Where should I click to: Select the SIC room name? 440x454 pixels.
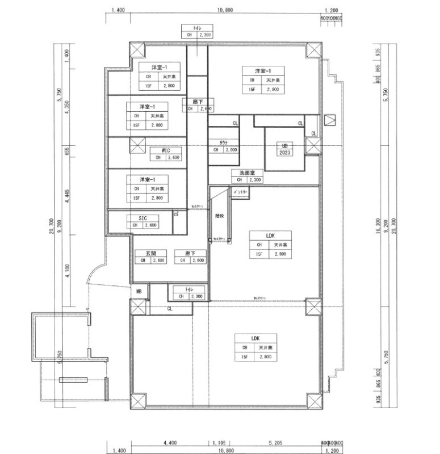pos(143,218)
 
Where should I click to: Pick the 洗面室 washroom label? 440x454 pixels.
pos(246,173)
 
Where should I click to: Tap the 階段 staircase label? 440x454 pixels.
pos(219,216)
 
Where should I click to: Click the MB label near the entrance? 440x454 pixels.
pos(139,291)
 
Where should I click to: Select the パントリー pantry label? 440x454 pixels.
pos(240,193)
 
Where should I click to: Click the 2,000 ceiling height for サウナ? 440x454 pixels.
pos(231,150)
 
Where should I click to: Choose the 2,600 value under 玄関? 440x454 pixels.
pos(158,260)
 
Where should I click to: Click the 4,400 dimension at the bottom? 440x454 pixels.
pos(169,442)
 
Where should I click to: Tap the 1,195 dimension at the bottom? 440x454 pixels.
pos(219,442)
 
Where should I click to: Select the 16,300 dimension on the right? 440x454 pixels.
pos(378,224)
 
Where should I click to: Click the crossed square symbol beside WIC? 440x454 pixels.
pos(137,146)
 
